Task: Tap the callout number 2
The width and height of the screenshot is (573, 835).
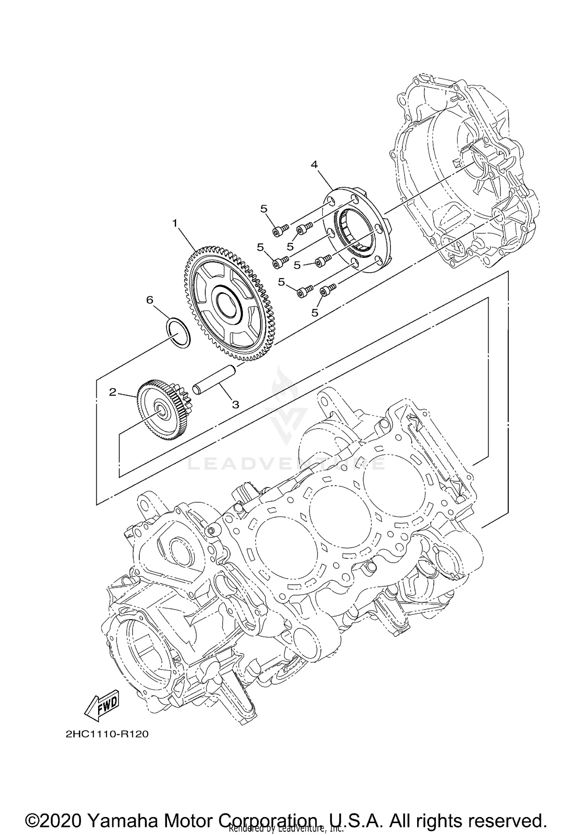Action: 112,392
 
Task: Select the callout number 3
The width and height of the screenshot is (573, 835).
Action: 235,405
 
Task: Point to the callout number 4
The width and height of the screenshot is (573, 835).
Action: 314,165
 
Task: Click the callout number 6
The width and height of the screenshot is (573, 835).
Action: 150,300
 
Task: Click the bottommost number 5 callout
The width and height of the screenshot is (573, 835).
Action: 314,312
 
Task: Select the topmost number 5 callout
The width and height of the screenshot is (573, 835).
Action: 264,209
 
